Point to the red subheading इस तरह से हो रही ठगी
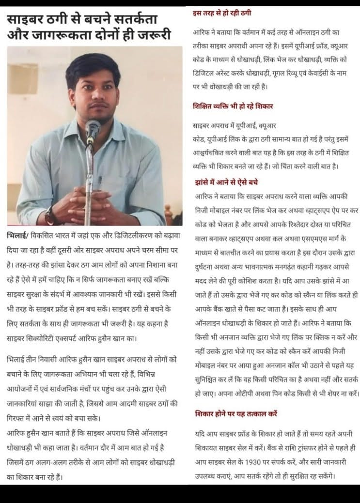(x=222, y=12)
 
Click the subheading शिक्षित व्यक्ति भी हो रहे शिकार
(x=235, y=106)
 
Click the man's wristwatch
(x=49, y=215)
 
